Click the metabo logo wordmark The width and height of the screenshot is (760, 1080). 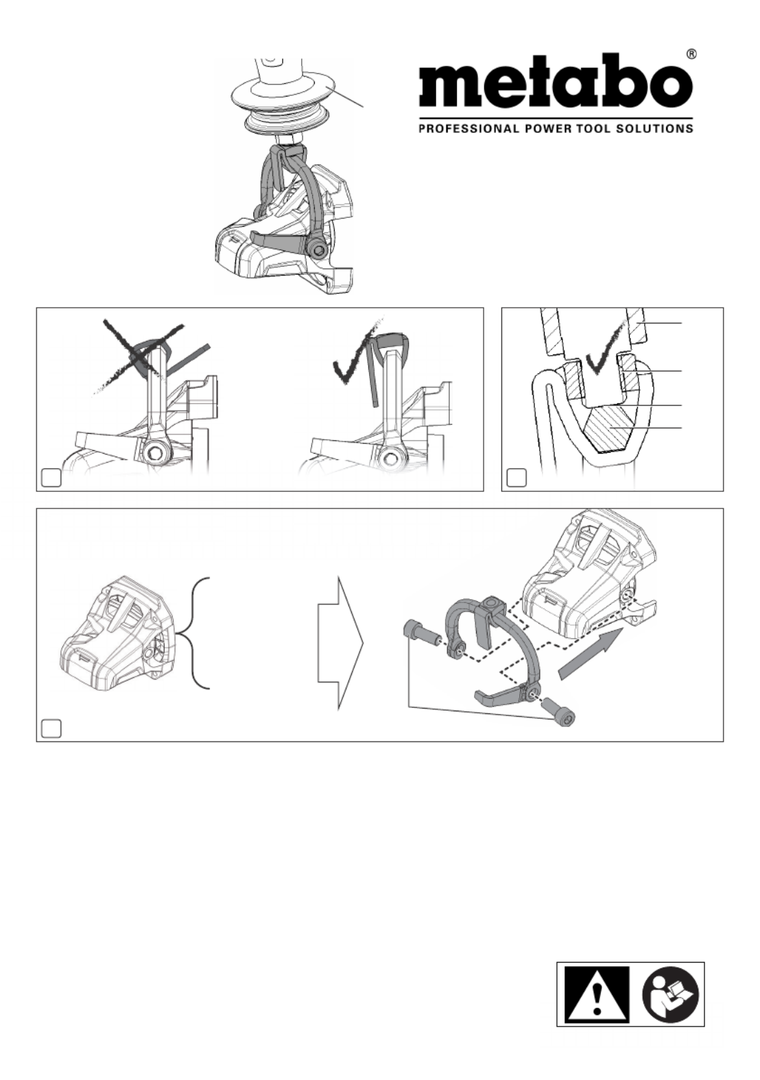point(556,84)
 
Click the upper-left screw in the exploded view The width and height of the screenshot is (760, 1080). point(420,633)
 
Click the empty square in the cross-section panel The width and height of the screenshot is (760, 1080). point(516,478)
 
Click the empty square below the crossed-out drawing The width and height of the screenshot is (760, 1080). point(51,478)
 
